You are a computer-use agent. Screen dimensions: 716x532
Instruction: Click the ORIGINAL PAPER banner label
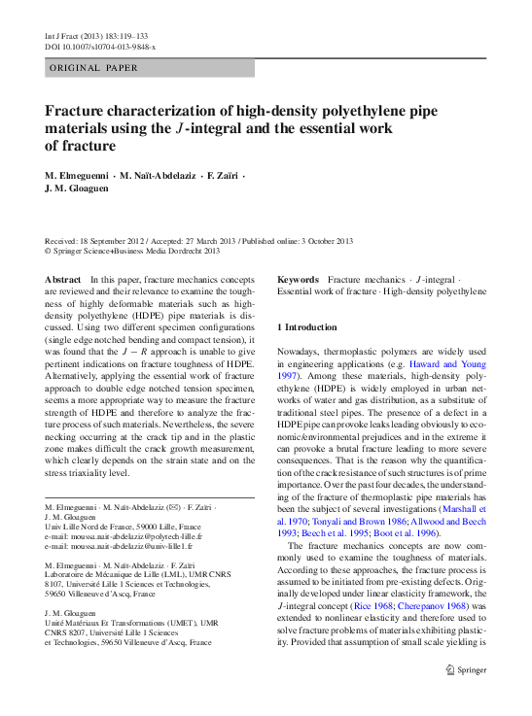[x=94, y=68]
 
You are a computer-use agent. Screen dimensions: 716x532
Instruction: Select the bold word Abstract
[x=63, y=279]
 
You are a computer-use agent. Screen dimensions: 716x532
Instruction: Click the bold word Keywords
[x=298, y=279]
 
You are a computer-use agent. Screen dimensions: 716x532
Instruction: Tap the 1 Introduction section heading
[x=307, y=327]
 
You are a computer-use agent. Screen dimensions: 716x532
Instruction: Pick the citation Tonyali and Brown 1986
[x=340, y=519]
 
